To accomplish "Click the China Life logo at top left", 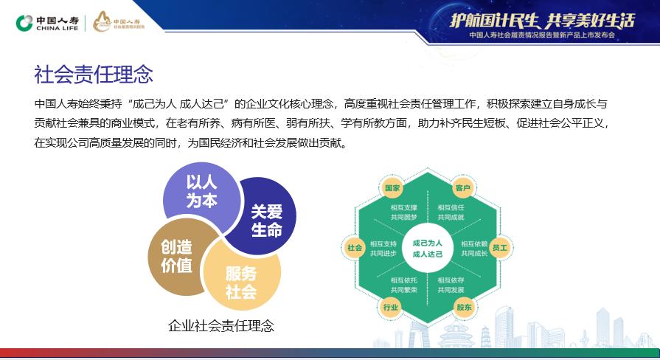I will [x=46, y=23].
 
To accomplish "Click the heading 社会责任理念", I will [x=94, y=74].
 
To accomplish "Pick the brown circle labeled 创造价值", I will [x=176, y=256].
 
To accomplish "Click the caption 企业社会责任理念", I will [x=221, y=325].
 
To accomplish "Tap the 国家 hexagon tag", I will [x=392, y=188].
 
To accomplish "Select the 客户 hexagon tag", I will [x=463, y=188].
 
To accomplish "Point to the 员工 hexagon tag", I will [x=499, y=248].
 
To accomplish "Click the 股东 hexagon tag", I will [x=464, y=308].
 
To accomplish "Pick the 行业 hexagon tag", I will [x=391, y=308].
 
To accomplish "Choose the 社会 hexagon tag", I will [x=355, y=248].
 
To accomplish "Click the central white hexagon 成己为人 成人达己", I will [x=428, y=248].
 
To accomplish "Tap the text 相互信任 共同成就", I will [x=451, y=212].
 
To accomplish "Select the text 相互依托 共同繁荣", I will [x=405, y=285].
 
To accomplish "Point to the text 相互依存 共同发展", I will [x=451, y=285].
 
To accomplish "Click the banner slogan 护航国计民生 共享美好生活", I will [x=542, y=20].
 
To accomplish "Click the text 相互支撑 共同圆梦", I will [x=405, y=212].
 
